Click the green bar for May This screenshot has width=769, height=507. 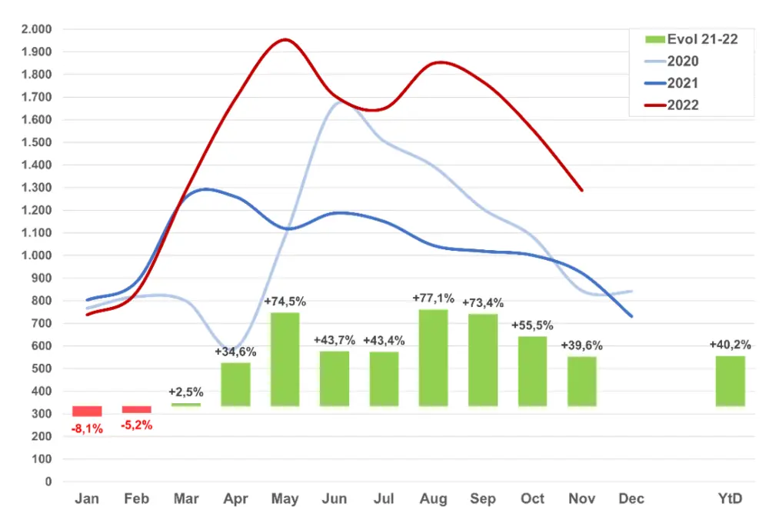(x=285, y=359)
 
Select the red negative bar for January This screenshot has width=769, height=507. (x=87, y=411)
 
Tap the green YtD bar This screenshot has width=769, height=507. (x=730, y=381)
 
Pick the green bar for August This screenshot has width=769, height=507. (x=433, y=357)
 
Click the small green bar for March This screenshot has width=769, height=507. (x=186, y=404)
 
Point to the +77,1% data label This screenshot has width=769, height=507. (x=433, y=299)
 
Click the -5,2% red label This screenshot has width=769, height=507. (x=137, y=425)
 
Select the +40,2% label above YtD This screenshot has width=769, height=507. (x=730, y=345)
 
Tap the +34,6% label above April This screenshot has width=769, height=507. (x=235, y=352)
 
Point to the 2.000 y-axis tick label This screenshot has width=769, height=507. (x=35, y=29)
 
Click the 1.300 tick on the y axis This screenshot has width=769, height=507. (x=35, y=188)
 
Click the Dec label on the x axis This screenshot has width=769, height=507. (x=631, y=499)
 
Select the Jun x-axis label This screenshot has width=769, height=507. (x=335, y=499)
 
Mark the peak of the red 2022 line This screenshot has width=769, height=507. (x=285, y=39)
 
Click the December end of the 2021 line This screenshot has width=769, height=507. (x=632, y=316)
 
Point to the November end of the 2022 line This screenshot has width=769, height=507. (x=582, y=190)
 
